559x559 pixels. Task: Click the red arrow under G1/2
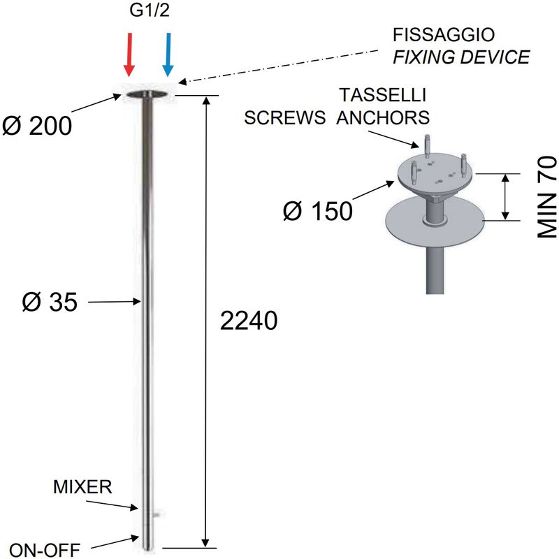[129, 55]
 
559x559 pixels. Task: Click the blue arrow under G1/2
[168, 55]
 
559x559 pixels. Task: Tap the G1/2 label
[150, 10]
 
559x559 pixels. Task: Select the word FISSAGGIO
[444, 35]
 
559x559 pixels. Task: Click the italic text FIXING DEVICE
[461, 57]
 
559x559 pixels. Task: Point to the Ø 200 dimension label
[37, 126]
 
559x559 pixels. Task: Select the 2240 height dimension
[249, 321]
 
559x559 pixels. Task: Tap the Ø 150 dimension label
[318, 211]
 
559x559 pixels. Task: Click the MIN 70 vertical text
[547, 197]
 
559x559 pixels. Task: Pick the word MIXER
[82, 486]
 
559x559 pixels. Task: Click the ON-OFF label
[45, 550]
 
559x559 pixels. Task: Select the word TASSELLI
[382, 95]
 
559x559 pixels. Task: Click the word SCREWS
[284, 117]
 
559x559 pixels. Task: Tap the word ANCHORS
[383, 117]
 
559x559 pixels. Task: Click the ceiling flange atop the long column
[147, 94]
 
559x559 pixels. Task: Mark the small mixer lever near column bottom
[155, 514]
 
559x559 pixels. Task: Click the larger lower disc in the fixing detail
[435, 222]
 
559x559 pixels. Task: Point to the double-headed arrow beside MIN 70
[505, 197]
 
